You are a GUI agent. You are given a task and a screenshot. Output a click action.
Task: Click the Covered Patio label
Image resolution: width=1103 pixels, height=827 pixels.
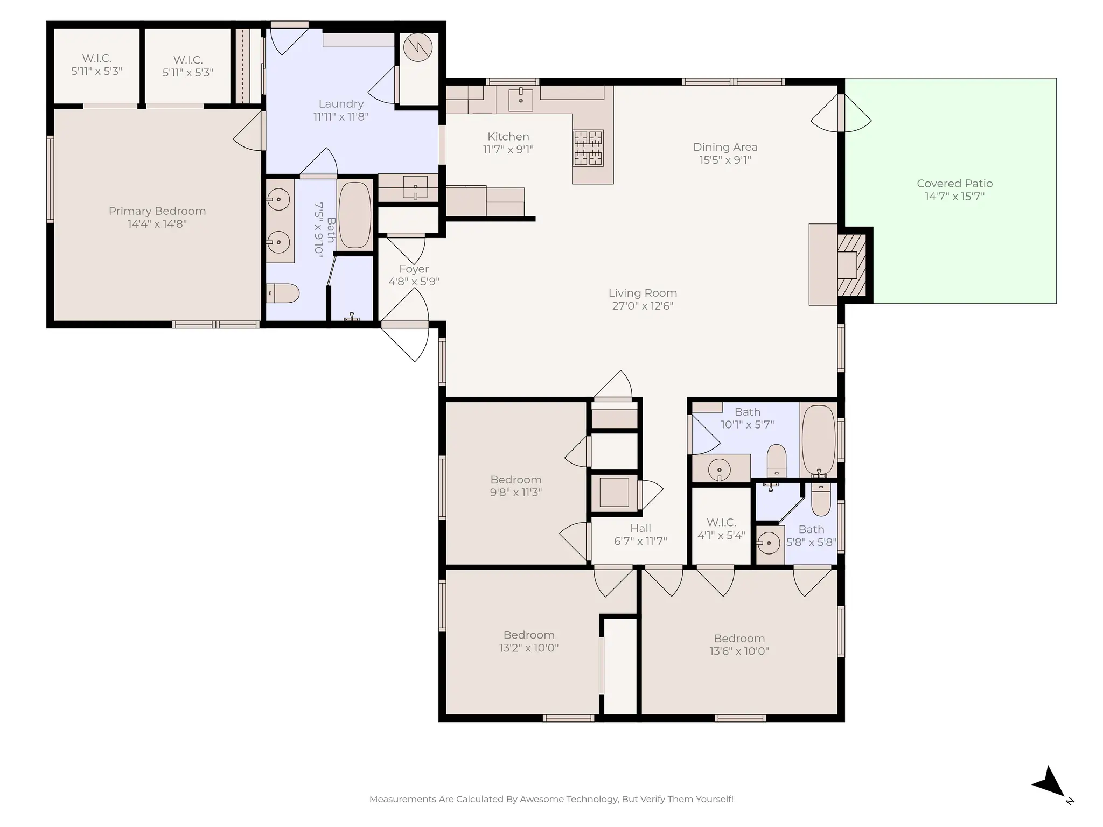point(954,184)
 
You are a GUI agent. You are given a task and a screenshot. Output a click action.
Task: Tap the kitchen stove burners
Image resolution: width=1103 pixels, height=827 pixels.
point(588,148)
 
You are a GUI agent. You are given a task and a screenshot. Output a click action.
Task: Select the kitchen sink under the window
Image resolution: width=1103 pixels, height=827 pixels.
point(521,100)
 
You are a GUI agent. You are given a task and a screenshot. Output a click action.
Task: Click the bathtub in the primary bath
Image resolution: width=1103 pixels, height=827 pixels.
point(355,215)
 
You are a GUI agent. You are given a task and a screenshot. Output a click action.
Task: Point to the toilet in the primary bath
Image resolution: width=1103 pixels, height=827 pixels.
point(283,293)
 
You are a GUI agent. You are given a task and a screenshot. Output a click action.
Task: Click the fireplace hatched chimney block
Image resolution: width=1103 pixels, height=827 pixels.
point(853,265)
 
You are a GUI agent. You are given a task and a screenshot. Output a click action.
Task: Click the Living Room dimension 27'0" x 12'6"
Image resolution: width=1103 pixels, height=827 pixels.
point(643,306)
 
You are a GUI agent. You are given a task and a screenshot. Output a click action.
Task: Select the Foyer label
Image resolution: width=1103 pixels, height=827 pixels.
point(414,269)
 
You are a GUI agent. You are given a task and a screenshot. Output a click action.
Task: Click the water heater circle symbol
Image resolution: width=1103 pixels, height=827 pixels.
point(418,47)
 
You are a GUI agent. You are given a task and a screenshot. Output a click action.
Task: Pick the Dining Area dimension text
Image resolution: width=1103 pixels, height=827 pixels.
point(725,160)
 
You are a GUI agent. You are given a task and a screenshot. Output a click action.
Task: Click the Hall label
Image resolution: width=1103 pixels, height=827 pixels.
point(640,528)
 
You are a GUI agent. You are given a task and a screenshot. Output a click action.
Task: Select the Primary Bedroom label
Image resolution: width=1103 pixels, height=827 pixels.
point(157,211)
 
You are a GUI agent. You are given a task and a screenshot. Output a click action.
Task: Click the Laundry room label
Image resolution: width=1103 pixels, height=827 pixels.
point(341,104)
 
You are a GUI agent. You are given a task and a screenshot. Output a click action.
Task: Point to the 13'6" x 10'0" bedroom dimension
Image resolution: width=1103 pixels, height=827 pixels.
point(739,651)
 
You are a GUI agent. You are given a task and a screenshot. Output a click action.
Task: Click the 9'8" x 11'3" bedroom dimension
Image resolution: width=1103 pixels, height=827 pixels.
point(515,492)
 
